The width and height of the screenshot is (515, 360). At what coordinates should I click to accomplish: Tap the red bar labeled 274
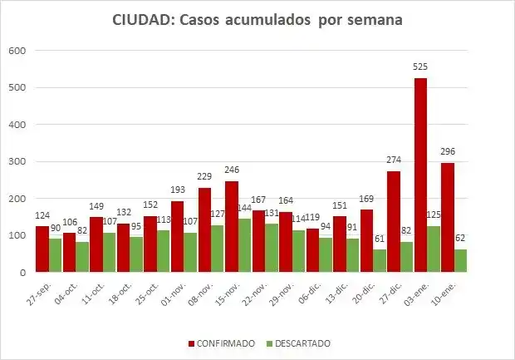pos(394,221)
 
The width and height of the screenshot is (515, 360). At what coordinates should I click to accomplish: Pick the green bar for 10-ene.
pos(460,260)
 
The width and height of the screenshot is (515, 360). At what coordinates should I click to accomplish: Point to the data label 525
pos(421,68)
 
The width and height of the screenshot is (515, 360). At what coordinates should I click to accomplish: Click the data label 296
pos(449,152)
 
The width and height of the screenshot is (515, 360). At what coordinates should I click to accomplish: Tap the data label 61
pos(380,239)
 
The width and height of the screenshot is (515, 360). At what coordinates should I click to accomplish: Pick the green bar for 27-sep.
pos(55,255)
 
